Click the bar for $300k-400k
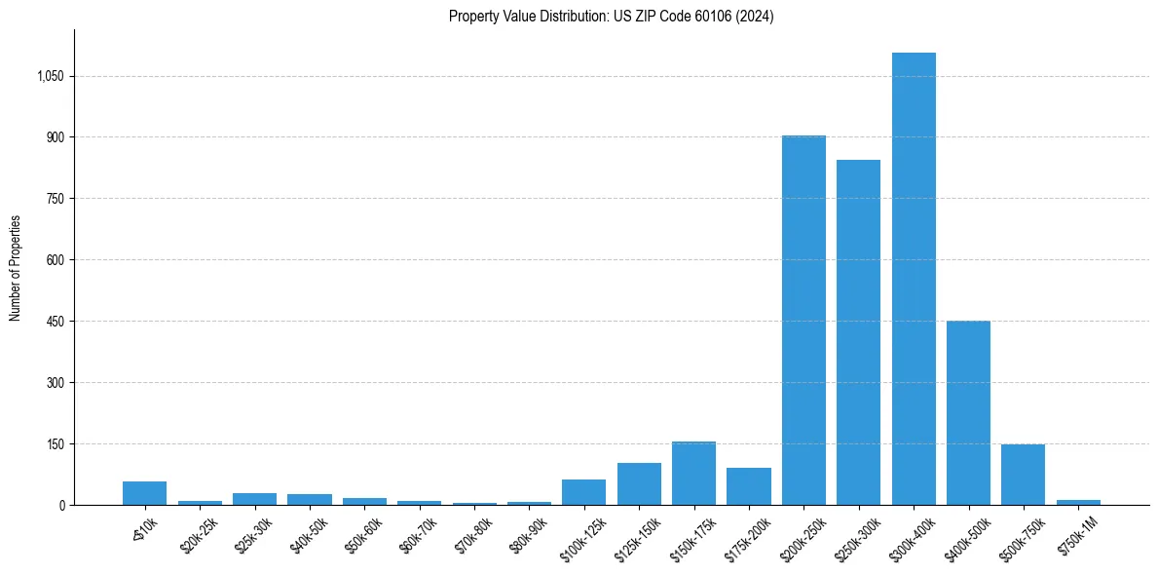click(x=914, y=279)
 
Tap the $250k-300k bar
click(x=858, y=332)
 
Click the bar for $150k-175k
click(x=693, y=474)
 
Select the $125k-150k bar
click(x=639, y=484)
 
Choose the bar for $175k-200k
click(x=748, y=486)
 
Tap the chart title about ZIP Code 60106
click(x=611, y=17)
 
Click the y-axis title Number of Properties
click(x=16, y=267)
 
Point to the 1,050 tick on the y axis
click(x=49, y=76)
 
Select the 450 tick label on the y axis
click(x=54, y=322)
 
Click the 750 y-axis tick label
click(x=54, y=199)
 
